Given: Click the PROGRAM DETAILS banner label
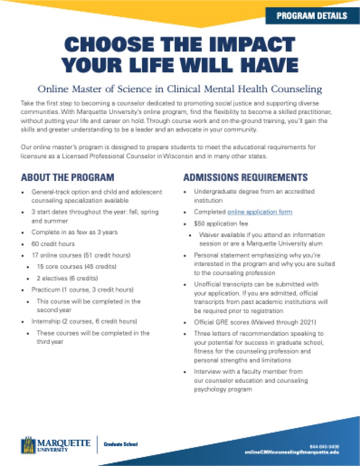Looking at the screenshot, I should pyautogui.click(x=312, y=16).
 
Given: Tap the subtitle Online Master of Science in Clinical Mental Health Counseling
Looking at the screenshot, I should pyautogui.click(x=180, y=89).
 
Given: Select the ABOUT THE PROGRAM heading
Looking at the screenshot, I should pyautogui.click(x=68, y=177).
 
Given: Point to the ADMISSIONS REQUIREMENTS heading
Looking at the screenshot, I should pyautogui.click(x=246, y=177).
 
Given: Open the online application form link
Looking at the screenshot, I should pyautogui.click(x=260, y=212).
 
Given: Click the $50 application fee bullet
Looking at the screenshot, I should pyautogui.click(x=221, y=223).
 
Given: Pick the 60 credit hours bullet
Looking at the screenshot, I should pyautogui.click(x=53, y=244).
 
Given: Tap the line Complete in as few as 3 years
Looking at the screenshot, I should pyautogui.click(x=74, y=232).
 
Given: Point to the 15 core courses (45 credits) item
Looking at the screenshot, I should pyautogui.click(x=70, y=267).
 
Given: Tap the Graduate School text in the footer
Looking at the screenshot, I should pyautogui.click(x=120, y=445).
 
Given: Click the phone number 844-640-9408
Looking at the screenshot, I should pyautogui.click(x=327, y=447).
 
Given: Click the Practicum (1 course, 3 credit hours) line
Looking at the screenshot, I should pyautogui.click(x=82, y=290).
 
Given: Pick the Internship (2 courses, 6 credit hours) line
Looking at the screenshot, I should pyautogui.click(x=84, y=322).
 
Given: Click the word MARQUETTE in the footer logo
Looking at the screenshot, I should pyautogui.click(x=64, y=442).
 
